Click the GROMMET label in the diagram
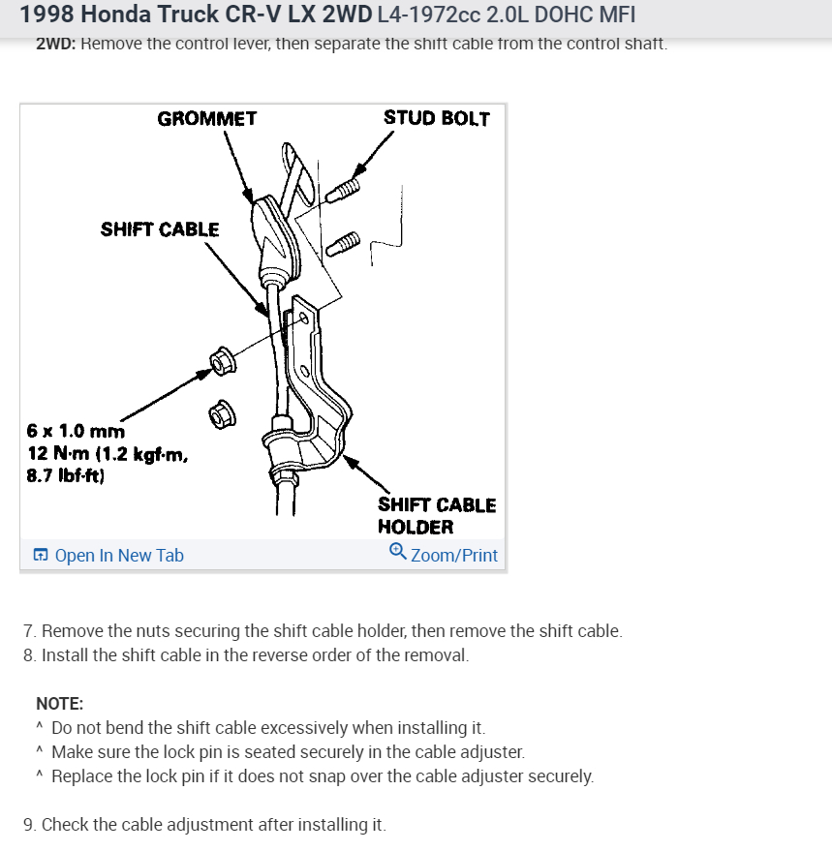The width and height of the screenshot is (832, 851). (x=207, y=119)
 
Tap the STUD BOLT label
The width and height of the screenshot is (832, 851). (x=437, y=118)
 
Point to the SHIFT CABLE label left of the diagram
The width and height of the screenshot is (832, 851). (x=160, y=229)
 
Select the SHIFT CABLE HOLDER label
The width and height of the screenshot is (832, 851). (x=436, y=516)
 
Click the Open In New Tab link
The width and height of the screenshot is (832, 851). (x=119, y=556)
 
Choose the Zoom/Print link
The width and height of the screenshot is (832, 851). (x=454, y=556)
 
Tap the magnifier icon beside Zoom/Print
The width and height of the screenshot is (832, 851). (x=397, y=552)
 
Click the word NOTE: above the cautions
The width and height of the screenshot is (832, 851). (x=59, y=704)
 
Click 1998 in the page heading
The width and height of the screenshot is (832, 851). (x=44, y=16)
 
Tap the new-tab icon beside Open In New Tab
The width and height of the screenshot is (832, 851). (x=41, y=556)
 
